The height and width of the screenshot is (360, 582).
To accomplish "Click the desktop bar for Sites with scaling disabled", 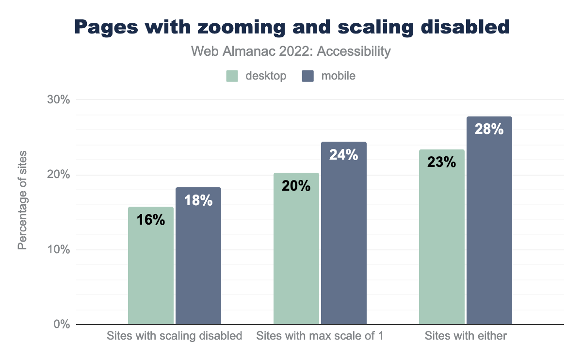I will point(151,272).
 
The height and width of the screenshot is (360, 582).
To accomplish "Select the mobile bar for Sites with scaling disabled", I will point(198,262).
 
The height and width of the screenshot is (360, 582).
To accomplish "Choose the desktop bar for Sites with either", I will point(442,243).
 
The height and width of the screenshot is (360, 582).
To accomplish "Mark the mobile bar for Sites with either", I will point(489,228).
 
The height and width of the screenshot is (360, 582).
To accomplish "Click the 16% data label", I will point(151,220).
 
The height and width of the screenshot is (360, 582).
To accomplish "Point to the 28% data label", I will point(489,130).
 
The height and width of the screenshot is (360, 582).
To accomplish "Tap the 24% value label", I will point(344,155).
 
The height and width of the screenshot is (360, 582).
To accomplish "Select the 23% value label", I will point(442,162).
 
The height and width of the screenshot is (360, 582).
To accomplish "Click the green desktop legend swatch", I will point(232,76).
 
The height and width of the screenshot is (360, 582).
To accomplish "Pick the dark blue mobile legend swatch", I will point(307,76).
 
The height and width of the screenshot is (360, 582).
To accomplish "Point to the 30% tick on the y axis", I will point(59,100).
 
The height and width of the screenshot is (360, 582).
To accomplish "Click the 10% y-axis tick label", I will point(59,250).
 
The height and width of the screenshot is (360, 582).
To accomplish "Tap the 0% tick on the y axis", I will point(62,325).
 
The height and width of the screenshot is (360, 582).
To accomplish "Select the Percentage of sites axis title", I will point(22,200).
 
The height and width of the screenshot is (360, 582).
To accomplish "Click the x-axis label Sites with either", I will point(466,336).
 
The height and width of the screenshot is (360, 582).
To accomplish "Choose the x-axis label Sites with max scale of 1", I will point(320,336).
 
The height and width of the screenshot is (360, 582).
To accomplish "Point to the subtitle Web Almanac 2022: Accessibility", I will point(291,51).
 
